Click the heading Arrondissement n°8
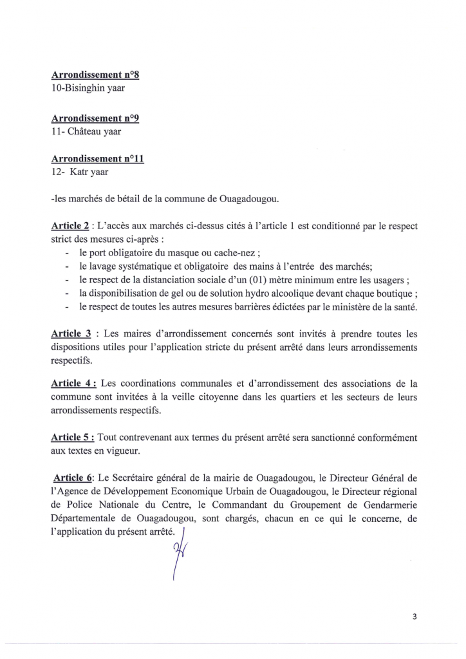[x=95, y=75]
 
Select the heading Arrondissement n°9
[x=95, y=118]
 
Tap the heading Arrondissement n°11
[x=97, y=159]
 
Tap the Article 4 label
[x=73, y=384]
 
